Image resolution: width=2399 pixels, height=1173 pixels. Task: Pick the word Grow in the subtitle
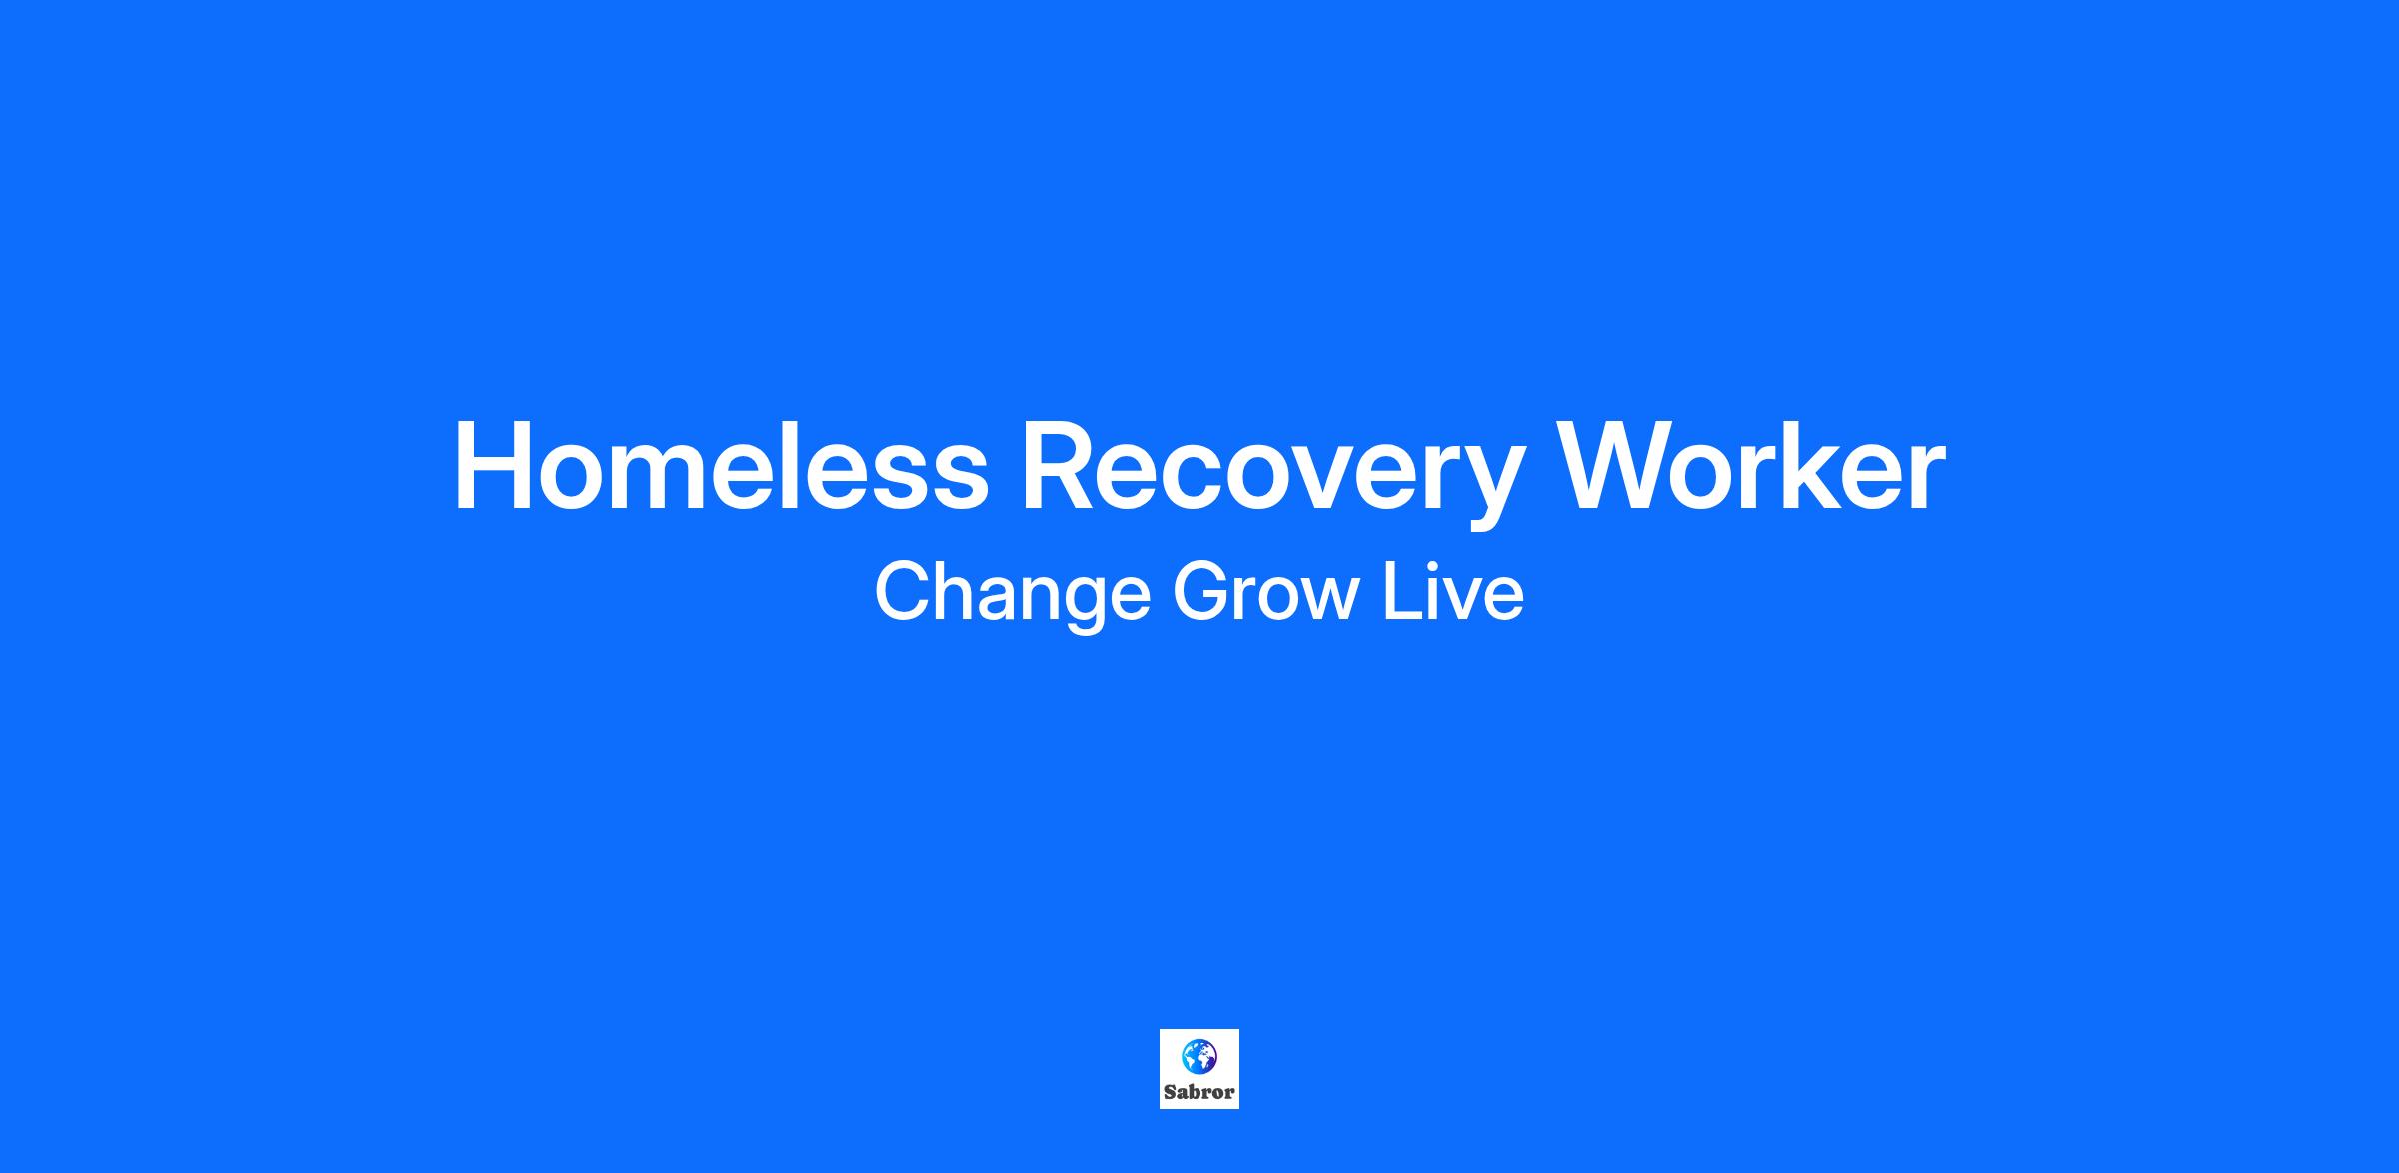point(1266,592)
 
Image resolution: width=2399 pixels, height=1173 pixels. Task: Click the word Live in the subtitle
point(1454,592)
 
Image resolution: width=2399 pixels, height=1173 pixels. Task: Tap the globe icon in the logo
point(1199,1055)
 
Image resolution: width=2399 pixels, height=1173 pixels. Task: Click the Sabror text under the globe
point(1199,1092)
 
